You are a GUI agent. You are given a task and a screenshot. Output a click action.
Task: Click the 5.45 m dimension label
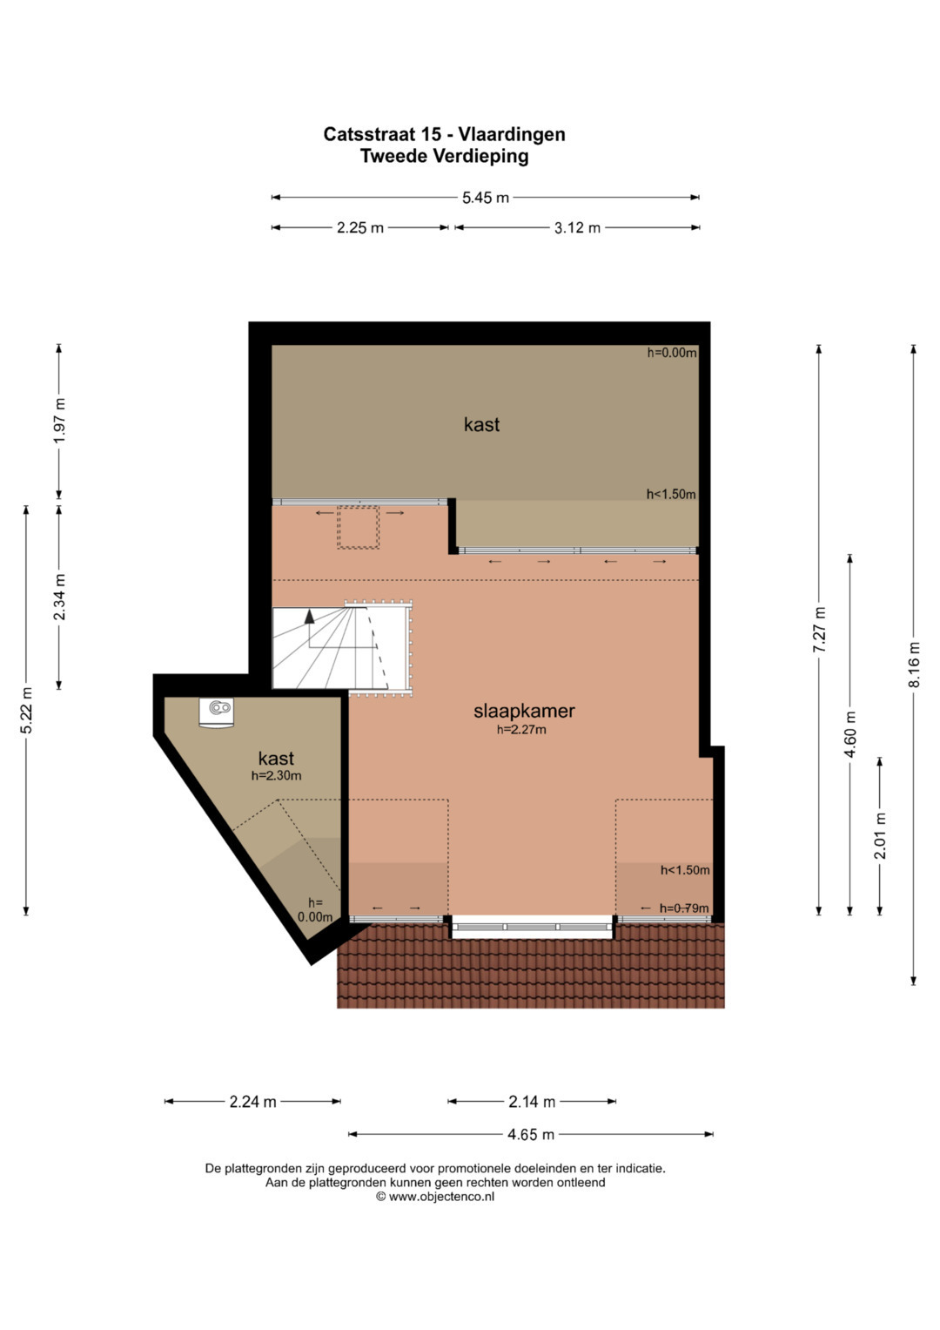(486, 198)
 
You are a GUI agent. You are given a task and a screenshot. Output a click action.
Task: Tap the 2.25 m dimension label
(360, 228)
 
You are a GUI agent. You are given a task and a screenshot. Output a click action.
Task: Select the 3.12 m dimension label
(577, 228)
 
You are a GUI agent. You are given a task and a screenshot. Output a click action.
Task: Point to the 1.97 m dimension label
(59, 421)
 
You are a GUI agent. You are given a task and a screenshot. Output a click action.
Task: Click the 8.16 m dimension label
(914, 665)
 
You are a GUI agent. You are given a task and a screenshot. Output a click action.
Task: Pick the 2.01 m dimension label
(880, 836)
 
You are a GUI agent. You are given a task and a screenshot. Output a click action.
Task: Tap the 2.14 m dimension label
(532, 1102)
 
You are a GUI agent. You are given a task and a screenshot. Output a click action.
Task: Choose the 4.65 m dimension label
(531, 1135)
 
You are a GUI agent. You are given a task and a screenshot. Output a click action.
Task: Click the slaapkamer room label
(524, 711)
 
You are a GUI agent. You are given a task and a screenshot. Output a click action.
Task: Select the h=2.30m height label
(277, 775)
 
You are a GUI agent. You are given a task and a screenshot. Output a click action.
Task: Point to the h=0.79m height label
(684, 908)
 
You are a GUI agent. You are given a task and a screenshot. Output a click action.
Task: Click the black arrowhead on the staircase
(309, 617)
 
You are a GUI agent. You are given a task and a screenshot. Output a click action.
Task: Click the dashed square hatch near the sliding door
(358, 527)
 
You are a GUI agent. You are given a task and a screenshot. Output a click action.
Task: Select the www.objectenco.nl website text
(441, 1197)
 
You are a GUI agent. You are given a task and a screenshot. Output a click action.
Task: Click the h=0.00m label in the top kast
(672, 353)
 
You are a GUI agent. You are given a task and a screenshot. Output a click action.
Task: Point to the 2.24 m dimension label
(252, 1102)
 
